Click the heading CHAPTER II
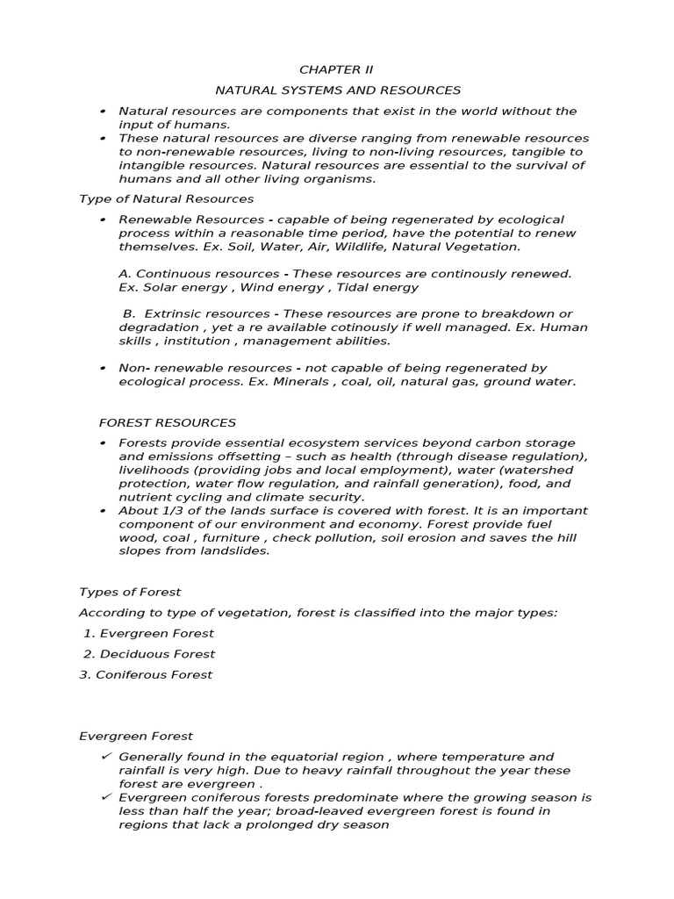[329, 69]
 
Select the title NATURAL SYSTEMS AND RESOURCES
[338, 90]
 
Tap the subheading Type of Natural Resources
[166, 199]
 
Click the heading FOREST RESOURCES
[168, 422]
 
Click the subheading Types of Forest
[130, 593]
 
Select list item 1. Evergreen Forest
[148, 633]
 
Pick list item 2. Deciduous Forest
[149, 654]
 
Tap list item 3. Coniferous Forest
[146, 675]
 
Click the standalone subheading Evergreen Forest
[136, 737]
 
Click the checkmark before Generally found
[105, 757]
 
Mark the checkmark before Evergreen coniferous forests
[105, 797]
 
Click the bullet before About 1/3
[103, 511]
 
